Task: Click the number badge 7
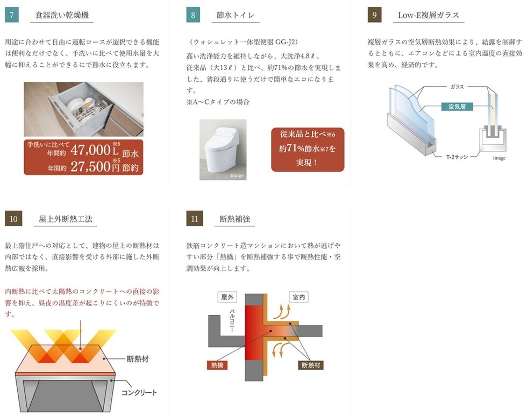[x=12, y=15]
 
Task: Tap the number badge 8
[x=193, y=15]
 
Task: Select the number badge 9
[x=374, y=15]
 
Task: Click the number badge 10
[x=13, y=219]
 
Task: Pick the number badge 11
[x=195, y=219]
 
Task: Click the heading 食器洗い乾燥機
[x=62, y=15]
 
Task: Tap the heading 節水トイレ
[x=236, y=15]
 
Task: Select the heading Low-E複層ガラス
[x=429, y=15]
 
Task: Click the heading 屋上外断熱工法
[x=65, y=219]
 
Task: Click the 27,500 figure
[x=90, y=166]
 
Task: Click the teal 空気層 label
[x=457, y=107]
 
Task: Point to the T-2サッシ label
[x=457, y=157]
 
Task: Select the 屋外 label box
[x=227, y=297]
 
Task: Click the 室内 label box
[x=299, y=297]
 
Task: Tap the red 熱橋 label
[x=217, y=365]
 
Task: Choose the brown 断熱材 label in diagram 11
[x=311, y=365]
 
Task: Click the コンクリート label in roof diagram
[x=139, y=393]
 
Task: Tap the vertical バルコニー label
[x=232, y=321]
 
